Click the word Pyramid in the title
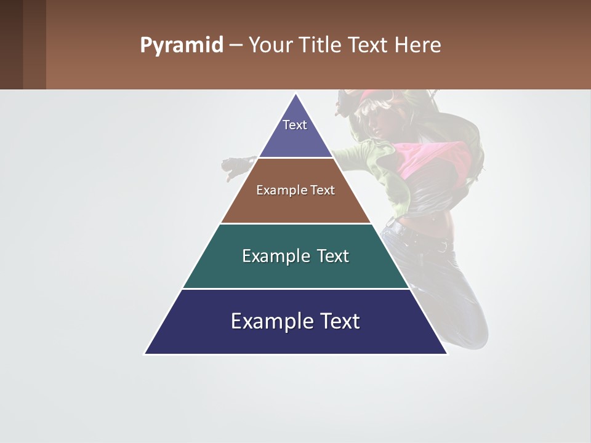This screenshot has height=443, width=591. tap(181, 46)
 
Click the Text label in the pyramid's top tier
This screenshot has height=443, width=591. tap(295, 125)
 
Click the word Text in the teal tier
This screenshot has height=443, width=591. tap(332, 256)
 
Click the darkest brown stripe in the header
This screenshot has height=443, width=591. tap(11, 44)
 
